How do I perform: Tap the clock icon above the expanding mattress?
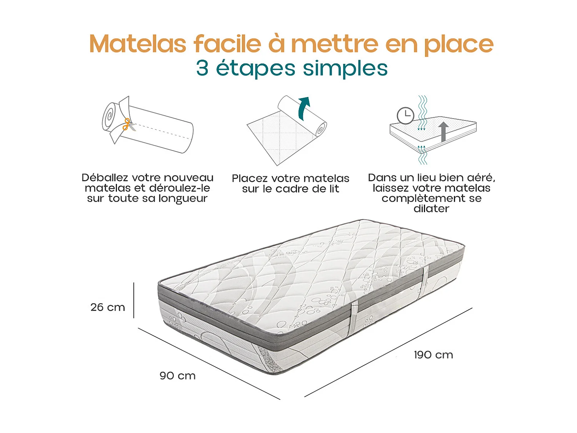(x=405, y=115)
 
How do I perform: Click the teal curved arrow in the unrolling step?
(x=304, y=107)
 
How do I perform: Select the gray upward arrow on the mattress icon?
(x=444, y=131)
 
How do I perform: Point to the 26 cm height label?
(x=108, y=307)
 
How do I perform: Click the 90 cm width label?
(x=178, y=376)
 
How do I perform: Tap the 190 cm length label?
(x=434, y=355)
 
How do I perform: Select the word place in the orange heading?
(x=459, y=45)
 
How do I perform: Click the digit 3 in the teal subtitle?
(x=202, y=68)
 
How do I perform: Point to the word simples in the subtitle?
(x=345, y=69)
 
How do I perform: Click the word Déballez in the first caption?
(x=105, y=178)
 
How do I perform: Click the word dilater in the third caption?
(x=431, y=209)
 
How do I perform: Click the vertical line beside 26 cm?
(x=134, y=300)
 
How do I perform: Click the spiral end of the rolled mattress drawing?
(x=109, y=116)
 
